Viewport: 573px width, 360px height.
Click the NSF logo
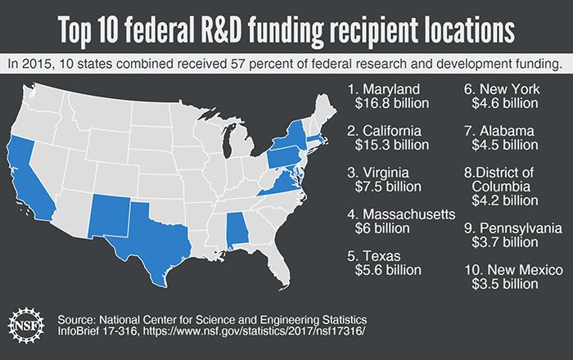[27, 326]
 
